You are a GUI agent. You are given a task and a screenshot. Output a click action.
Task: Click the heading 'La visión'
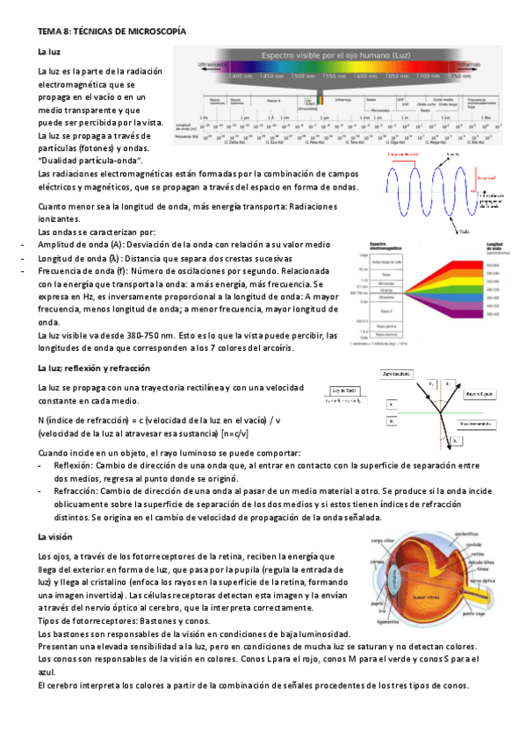tap(54, 536)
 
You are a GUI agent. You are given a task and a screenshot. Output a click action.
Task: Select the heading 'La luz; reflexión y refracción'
tap(93, 367)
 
